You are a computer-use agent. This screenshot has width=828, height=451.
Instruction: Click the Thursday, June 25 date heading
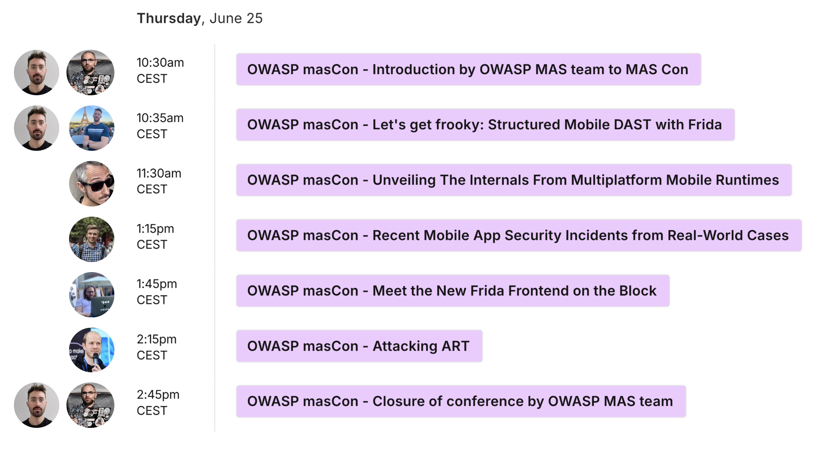[200, 18]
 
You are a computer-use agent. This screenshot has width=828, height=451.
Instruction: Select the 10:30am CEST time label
[160, 70]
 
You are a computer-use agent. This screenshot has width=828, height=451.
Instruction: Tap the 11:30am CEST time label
[159, 181]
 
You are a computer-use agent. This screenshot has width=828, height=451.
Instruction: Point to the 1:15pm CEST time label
[155, 236]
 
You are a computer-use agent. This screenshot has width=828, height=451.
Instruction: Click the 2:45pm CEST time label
[158, 402]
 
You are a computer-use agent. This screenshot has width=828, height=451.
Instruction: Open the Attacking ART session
[359, 346]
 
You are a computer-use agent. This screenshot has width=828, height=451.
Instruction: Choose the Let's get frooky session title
[485, 125]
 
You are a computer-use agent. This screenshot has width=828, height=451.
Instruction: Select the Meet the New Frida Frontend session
[453, 291]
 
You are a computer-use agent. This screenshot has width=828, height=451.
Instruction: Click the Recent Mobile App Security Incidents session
[519, 236]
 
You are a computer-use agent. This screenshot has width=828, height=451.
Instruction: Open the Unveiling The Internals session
[514, 180]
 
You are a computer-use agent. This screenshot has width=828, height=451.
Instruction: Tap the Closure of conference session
[461, 402]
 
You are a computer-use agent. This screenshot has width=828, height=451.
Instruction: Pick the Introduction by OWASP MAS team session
[468, 69]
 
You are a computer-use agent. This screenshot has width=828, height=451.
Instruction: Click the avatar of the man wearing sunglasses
[92, 183]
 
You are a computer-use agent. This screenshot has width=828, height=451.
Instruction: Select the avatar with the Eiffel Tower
[92, 128]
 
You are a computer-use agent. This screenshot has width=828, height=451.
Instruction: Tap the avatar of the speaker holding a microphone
[92, 350]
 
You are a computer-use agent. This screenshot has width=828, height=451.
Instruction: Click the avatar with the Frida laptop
[92, 294]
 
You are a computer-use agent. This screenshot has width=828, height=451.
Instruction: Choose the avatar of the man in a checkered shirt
[92, 239]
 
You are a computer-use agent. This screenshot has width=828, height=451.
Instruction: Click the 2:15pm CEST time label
[156, 347]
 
